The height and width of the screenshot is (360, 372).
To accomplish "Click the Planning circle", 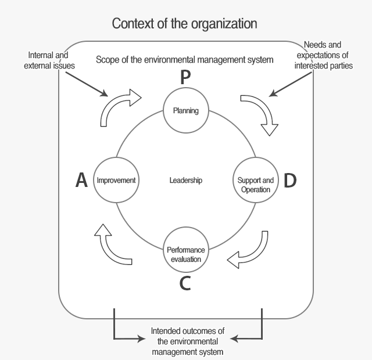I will tap(185, 110).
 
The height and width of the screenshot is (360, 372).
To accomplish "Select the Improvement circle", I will tap(116, 181).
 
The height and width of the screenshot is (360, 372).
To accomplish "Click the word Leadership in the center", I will tap(186, 181).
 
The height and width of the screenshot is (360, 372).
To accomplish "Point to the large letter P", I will tap(185, 77).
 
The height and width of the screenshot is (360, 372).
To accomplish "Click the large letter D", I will tap(289, 181).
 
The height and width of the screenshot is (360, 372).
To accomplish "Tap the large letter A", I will tap(82, 181).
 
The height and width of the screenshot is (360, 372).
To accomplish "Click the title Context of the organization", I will tap(185, 24).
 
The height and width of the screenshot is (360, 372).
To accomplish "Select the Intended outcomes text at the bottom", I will tap(187, 341).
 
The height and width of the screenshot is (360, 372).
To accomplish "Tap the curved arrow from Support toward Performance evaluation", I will tap(250, 251).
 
